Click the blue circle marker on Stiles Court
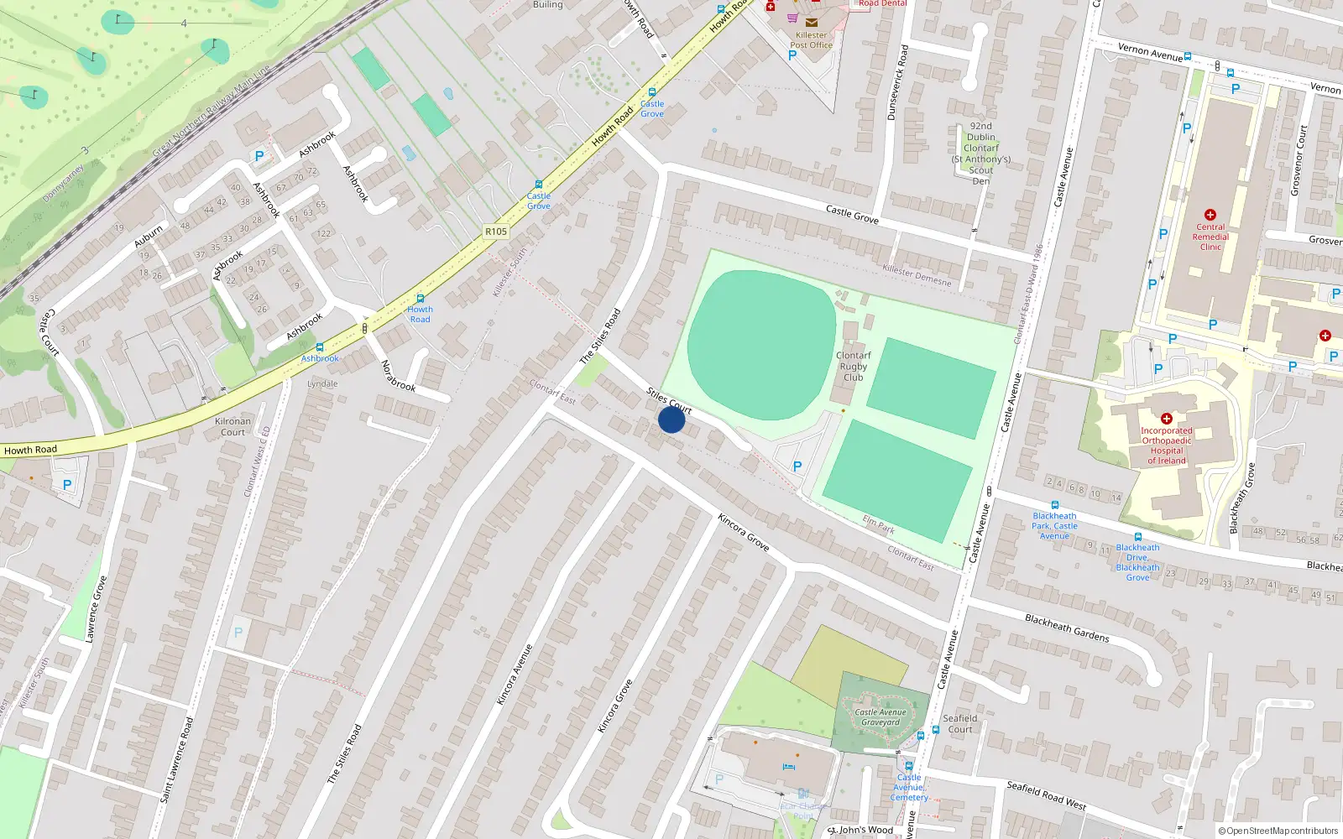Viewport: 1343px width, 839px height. coord(671,419)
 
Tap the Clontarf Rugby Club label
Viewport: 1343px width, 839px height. coord(853,367)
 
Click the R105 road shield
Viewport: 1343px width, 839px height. coord(496,232)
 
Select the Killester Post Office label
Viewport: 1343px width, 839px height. coord(811,40)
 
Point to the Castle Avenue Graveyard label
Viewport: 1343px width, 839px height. coord(880,717)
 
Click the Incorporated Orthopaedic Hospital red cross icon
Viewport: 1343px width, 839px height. coord(1166,418)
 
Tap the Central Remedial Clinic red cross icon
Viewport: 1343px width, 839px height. coord(1210,215)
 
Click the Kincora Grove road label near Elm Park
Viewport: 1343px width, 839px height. coord(744,532)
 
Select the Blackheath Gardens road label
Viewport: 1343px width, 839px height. coord(1067,628)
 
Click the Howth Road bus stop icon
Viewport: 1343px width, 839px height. coord(421,299)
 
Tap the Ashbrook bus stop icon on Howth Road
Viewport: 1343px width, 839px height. coord(319,347)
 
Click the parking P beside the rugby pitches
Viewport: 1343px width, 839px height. coord(797,466)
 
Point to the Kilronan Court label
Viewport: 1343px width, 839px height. coord(233,427)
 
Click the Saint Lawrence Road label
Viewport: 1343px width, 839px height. coord(177,759)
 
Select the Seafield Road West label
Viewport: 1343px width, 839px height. coord(1046,795)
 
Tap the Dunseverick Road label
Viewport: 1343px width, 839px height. coord(897,82)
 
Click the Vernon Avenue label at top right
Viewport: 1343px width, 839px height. coord(1150,52)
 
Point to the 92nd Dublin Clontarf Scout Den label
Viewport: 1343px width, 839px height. coord(980,154)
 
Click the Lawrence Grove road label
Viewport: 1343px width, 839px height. coord(96,609)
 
